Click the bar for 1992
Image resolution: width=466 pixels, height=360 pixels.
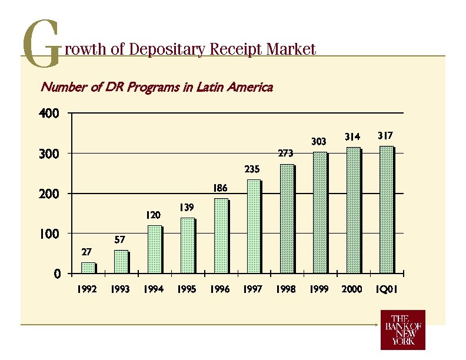(x=88, y=268)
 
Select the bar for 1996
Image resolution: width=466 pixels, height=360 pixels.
(x=221, y=236)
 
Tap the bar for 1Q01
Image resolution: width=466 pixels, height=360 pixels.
(x=387, y=210)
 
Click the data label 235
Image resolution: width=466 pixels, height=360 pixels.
(x=252, y=169)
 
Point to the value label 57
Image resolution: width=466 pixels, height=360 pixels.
(x=119, y=240)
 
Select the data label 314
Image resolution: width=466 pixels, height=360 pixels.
(x=352, y=137)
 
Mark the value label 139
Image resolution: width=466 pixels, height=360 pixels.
(x=187, y=208)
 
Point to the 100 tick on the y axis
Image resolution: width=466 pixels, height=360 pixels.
(x=49, y=234)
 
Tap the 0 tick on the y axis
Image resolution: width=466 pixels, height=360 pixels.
(x=56, y=274)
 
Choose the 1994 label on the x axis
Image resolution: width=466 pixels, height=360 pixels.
(x=154, y=290)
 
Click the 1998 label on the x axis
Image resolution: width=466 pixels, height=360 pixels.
(x=286, y=290)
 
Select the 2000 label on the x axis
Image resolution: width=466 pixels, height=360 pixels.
(x=352, y=290)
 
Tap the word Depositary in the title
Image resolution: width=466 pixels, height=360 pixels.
(x=166, y=49)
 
